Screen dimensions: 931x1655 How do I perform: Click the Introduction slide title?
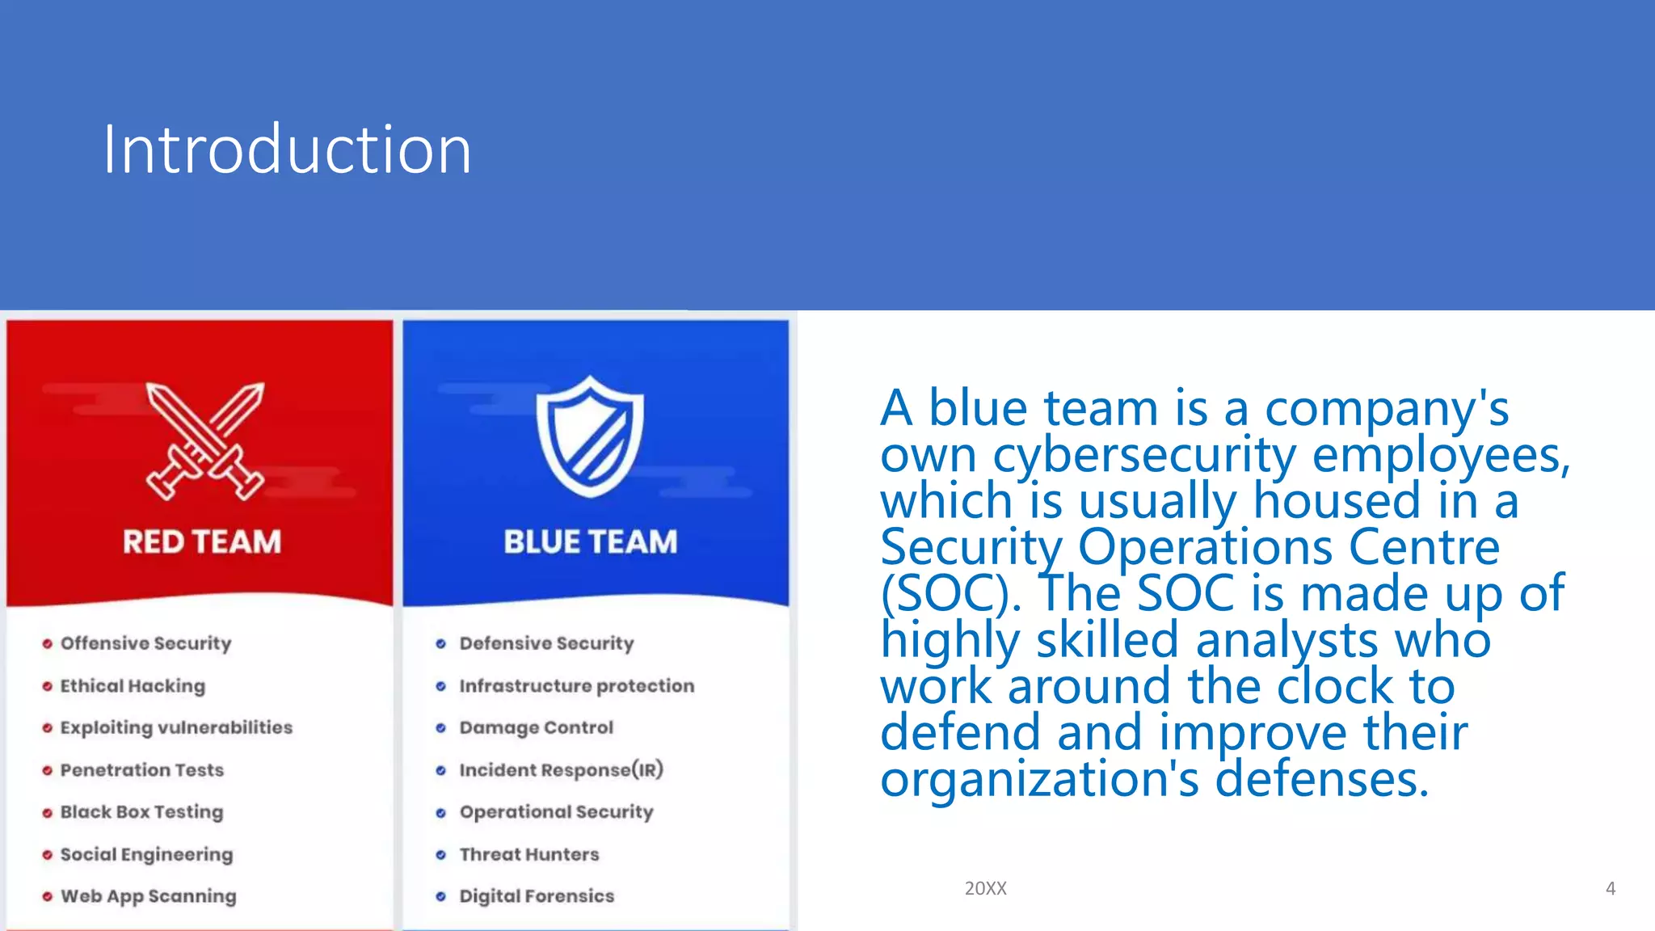tap(287, 150)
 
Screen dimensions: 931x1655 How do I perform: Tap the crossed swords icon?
tap(204, 441)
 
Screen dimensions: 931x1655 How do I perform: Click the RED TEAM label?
tap(202, 541)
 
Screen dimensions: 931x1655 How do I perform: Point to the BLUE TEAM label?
tap(590, 541)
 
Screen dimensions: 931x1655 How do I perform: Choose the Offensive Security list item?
tap(145, 643)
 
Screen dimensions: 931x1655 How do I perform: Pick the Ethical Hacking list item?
tap(133, 686)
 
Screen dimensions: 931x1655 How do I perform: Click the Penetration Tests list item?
tap(141, 770)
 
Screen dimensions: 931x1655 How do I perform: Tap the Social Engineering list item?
tap(146, 854)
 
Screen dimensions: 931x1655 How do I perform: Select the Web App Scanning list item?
tap(149, 896)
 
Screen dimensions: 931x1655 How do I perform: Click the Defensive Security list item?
tap(546, 643)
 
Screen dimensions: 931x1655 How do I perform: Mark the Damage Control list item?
tap(536, 727)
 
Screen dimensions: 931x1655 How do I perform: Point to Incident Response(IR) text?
tap(561, 770)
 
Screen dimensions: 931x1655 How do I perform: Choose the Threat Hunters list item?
tap(529, 854)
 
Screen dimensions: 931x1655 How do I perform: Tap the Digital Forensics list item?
tap(537, 896)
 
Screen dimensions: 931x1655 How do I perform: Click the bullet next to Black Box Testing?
tap(47, 813)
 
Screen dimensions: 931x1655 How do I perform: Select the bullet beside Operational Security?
tap(440, 813)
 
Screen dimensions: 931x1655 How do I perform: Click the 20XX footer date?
tap(985, 888)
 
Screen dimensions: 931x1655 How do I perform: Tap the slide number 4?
tap(1610, 889)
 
